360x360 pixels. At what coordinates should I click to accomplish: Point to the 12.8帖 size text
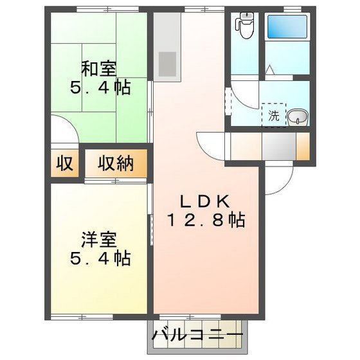coord(206,221)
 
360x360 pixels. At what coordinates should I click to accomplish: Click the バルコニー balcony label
coord(197,336)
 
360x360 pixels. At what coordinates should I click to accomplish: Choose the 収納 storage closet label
coord(116,164)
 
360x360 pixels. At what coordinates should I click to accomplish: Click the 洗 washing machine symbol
coord(274,116)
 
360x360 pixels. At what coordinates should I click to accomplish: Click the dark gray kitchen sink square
coord(168,62)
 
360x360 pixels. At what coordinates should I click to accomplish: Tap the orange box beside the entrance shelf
coord(303,146)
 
